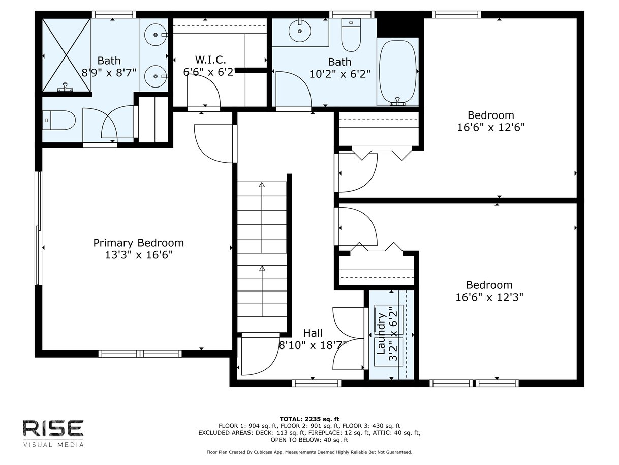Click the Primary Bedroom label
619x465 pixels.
click(138, 243)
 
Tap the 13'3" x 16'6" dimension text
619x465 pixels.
click(138, 255)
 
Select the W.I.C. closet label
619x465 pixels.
click(210, 60)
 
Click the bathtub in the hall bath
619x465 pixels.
click(397, 73)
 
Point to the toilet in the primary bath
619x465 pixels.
click(59, 120)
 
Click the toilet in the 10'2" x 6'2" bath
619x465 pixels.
click(351, 35)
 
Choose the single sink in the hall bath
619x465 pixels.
click(300, 31)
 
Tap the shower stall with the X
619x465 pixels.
click(66, 55)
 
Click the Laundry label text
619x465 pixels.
click(381, 334)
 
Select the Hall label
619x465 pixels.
click(313, 333)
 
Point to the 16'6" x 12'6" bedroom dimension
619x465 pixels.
click(491, 128)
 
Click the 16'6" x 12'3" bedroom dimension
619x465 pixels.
click(489, 297)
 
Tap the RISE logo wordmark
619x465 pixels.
click(53, 428)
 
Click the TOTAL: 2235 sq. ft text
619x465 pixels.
click(309, 419)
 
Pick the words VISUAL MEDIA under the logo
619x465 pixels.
click(53, 445)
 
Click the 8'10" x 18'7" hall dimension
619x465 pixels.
click(313, 345)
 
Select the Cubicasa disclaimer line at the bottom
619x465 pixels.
click(309, 452)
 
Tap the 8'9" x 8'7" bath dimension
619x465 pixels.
click(109, 73)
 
